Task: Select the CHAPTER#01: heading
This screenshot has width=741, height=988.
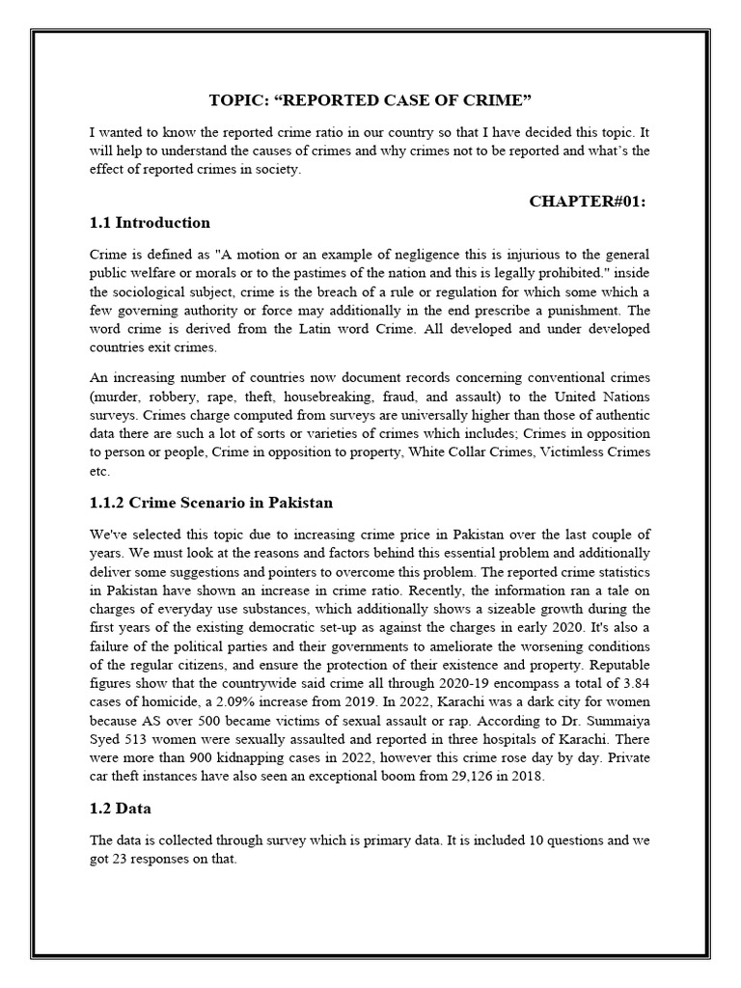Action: point(588,200)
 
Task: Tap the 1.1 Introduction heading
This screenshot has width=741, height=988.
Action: point(150,223)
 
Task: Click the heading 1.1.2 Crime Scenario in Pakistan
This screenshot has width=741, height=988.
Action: point(211,503)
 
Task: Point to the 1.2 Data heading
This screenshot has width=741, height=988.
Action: point(121,808)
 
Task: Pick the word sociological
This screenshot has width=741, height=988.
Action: point(189,292)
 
